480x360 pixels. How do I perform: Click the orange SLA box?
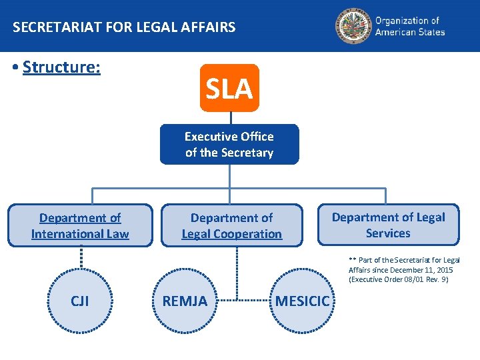coord(229,88)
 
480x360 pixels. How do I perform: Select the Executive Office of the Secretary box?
coord(229,145)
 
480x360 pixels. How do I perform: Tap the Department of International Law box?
coord(80,226)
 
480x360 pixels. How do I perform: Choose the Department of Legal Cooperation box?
coord(231,226)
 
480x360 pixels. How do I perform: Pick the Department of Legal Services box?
coord(388,225)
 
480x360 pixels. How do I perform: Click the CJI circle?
coord(80,301)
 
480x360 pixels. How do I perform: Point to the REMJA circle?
coord(185,301)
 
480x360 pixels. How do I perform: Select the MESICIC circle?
coord(302,301)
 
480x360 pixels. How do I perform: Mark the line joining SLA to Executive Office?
coord(230,117)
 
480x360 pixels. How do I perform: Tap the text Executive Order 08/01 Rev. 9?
coord(398,279)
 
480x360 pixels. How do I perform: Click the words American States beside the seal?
coord(409,32)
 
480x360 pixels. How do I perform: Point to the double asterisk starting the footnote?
coord(352,260)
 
